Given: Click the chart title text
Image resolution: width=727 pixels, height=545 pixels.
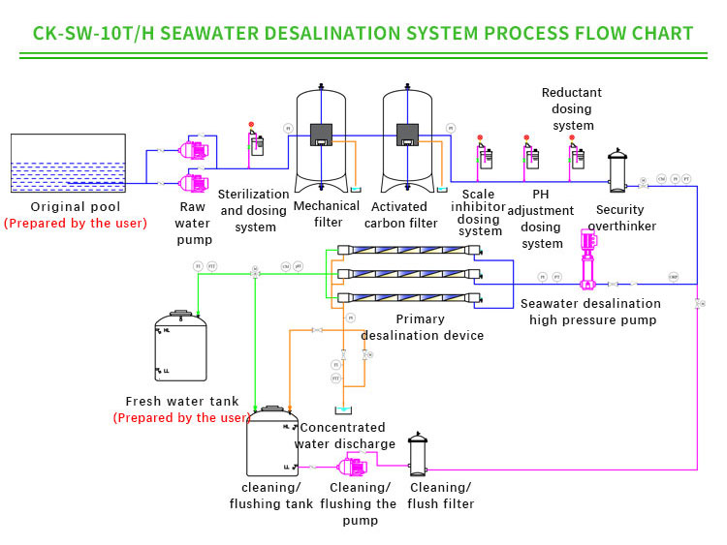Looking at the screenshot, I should [363, 33].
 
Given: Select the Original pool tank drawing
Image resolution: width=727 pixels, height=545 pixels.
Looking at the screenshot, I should [68, 164].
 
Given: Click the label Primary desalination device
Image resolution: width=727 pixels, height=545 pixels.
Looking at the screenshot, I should [421, 327].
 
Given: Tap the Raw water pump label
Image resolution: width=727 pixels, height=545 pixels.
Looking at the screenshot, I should [193, 224].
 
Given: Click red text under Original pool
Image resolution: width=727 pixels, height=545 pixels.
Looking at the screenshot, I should [76, 224].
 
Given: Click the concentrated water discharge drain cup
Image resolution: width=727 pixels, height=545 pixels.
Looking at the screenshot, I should [343, 410].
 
